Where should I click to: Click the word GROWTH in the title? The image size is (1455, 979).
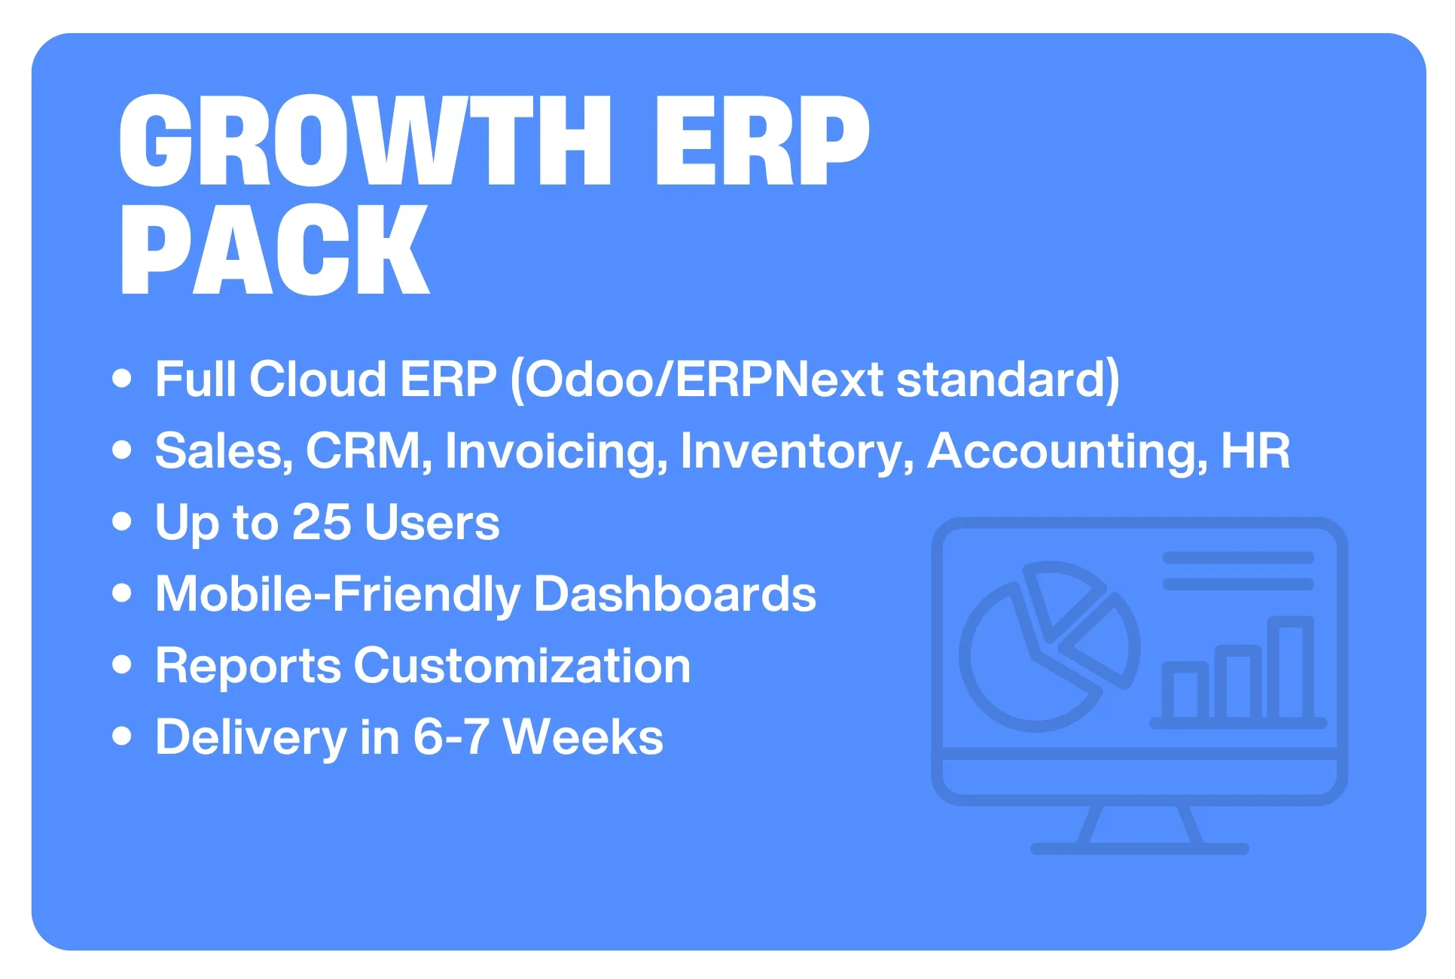365,141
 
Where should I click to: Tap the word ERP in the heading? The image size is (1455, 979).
762,141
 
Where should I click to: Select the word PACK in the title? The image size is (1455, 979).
275,250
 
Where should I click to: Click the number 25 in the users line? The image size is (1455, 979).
322,522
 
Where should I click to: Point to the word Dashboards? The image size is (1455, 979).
675,594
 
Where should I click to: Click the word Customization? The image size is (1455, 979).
522,666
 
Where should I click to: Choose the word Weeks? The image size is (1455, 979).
583,737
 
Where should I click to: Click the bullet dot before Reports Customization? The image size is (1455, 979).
122,664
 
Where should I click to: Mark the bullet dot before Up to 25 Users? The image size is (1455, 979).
122,521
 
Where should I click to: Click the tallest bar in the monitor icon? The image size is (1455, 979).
1291,668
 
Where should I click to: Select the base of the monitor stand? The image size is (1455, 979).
1139,849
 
